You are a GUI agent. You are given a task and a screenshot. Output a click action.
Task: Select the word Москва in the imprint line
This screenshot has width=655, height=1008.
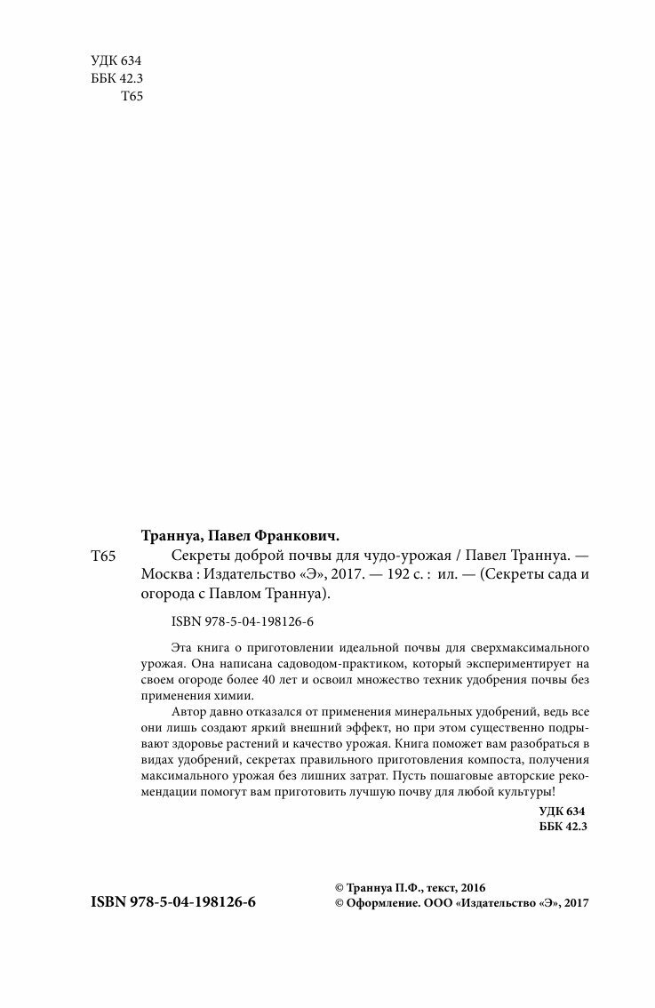click(168, 574)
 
